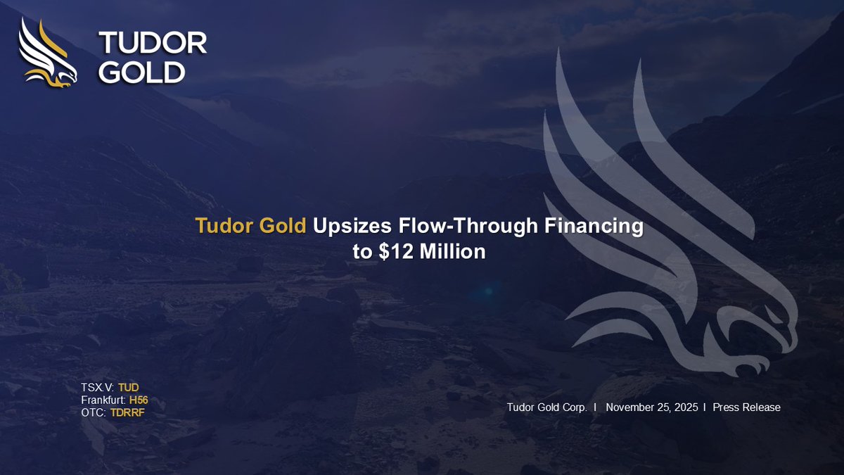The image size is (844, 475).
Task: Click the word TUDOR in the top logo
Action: click(x=153, y=43)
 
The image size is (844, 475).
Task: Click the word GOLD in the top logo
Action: click(x=141, y=71)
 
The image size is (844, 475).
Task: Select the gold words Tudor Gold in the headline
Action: click(x=251, y=227)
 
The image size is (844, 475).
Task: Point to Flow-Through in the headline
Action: click(x=443, y=227)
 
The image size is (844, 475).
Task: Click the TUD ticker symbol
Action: click(x=129, y=387)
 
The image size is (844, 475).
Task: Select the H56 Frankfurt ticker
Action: click(x=139, y=400)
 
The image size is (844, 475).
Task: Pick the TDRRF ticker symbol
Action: click(x=127, y=412)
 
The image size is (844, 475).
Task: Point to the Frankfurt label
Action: click(x=103, y=400)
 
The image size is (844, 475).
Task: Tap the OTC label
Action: click(x=94, y=412)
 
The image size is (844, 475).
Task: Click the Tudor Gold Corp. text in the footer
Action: click(x=546, y=407)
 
